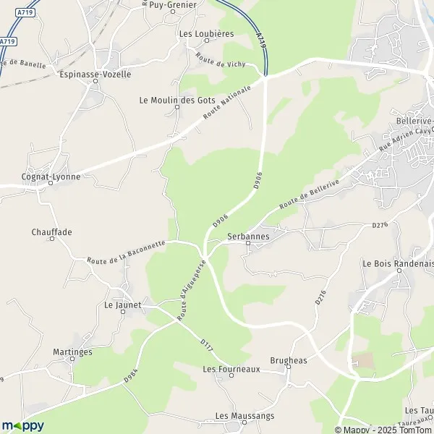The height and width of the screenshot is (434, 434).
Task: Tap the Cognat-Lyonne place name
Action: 50,175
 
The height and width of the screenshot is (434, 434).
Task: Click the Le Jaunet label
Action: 122,305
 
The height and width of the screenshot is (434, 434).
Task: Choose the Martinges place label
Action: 72,352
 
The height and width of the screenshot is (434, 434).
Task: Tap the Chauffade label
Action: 52,232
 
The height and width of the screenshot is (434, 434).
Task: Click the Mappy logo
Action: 22,425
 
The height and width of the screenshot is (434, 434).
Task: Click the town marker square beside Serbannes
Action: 248,244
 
